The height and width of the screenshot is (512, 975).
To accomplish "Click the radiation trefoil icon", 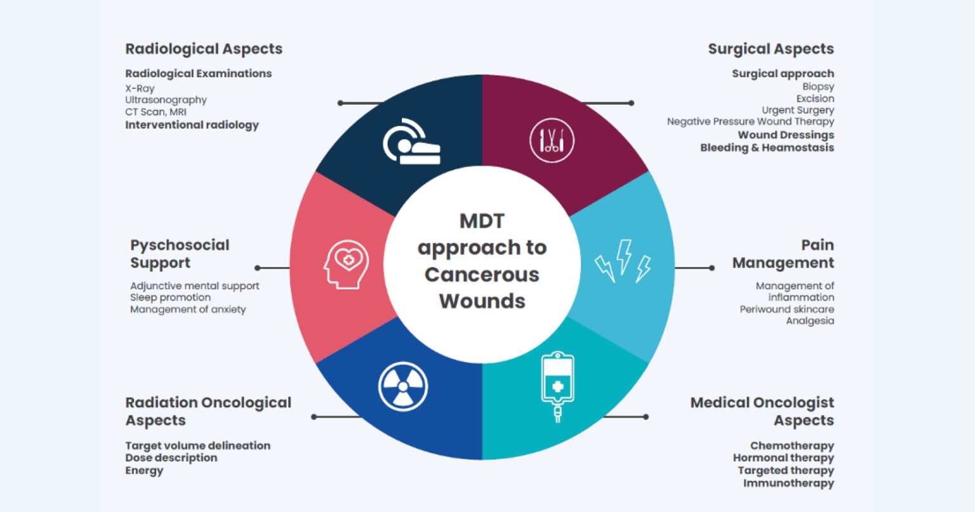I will tap(402, 386).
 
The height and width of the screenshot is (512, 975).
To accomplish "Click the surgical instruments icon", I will tap(552, 140).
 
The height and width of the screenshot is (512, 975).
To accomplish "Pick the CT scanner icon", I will tap(411, 142).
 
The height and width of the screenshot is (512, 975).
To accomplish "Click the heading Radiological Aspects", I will tap(204, 49).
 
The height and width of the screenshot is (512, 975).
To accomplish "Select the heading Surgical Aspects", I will tap(771, 49).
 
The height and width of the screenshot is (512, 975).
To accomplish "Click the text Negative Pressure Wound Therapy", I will tap(750, 121).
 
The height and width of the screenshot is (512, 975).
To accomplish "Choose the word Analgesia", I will tap(810, 321).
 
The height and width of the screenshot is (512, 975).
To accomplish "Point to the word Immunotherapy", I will tap(788, 483).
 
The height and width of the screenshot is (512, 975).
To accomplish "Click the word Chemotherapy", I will tap(792, 446).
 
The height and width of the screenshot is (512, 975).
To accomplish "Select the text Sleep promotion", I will tap(170, 297).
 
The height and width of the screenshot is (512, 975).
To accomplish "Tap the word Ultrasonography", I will tap(166, 100).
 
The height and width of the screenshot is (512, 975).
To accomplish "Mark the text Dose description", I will tap(171, 458).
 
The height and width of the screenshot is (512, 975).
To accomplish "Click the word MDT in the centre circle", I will tap(482, 221).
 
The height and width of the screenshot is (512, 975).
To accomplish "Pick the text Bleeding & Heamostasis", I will tap(767, 147).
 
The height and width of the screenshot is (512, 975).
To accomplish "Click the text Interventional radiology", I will tap(192, 125).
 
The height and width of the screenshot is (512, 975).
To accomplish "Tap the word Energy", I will tap(144, 471).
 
